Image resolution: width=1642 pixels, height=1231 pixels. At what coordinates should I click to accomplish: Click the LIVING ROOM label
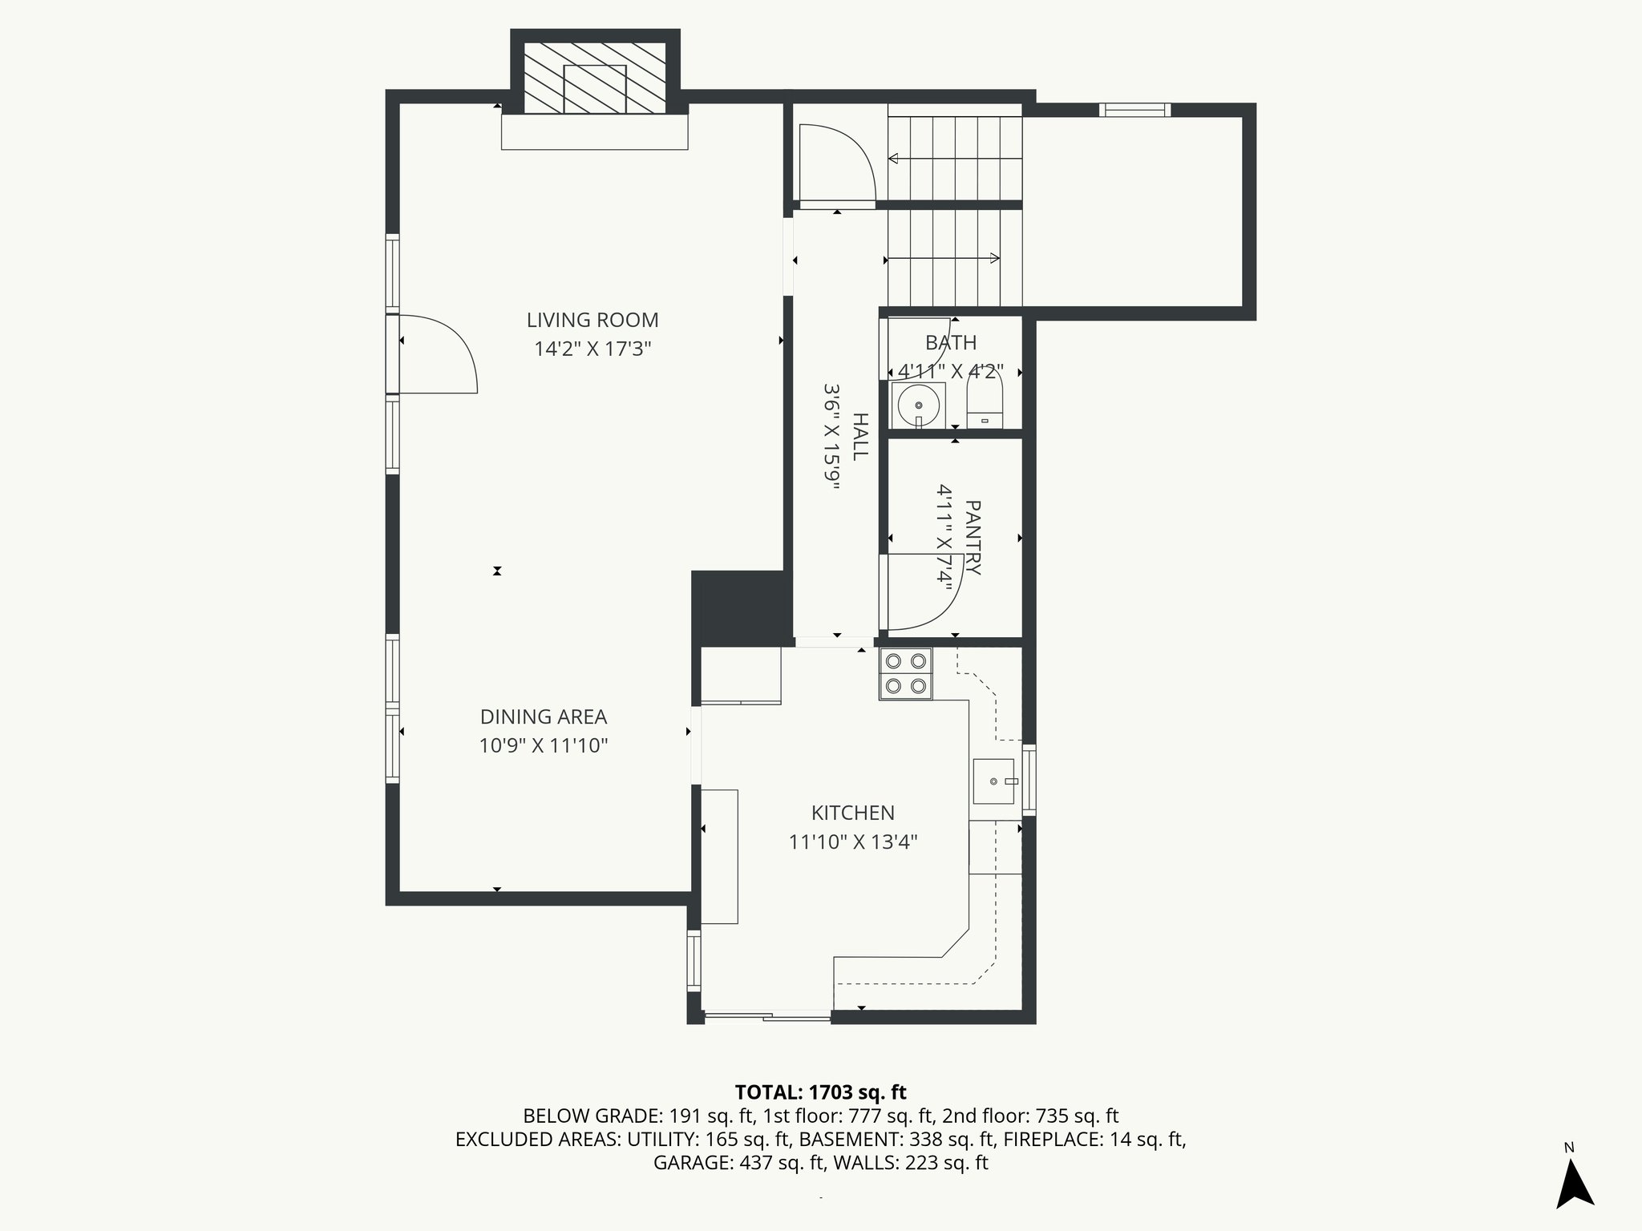(x=592, y=320)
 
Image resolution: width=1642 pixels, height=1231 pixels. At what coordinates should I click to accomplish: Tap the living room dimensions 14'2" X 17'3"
(x=592, y=349)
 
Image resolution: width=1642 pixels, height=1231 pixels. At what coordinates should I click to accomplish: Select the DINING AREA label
(x=543, y=716)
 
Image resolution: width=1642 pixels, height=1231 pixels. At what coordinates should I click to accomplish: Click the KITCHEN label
(x=852, y=813)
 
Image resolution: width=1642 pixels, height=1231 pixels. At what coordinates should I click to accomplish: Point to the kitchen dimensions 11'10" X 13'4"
(x=852, y=842)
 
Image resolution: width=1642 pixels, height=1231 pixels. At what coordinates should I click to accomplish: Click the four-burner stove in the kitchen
(x=905, y=673)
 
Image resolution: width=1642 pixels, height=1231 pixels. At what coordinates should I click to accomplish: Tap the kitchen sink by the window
(x=994, y=781)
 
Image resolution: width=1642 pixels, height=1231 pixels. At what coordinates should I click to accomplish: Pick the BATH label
(x=951, y=343)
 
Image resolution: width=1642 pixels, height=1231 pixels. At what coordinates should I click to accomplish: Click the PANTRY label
(x=973, y=537)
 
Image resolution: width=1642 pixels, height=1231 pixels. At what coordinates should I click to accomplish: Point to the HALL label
(x=860, y=436)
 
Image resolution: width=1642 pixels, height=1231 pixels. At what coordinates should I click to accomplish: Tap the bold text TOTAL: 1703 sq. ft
(x=820, y=1092)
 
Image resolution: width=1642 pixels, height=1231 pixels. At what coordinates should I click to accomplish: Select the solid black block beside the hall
(x=737, y=607)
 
